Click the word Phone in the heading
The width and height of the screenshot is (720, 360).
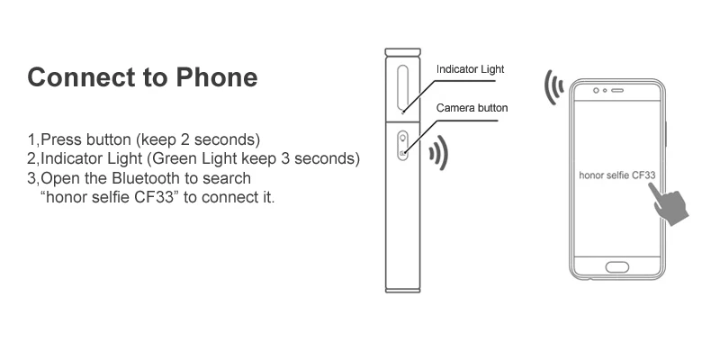[217, 76]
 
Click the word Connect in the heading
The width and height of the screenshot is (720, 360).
[81, 76]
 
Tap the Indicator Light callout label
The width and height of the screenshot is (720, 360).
[470, 69]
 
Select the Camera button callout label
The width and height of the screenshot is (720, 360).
[472, 108]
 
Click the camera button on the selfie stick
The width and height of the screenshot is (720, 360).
[402, 146]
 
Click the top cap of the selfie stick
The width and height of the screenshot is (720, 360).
[402, 52]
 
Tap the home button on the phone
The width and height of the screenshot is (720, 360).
[616, 266]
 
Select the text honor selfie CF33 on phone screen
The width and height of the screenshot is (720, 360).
[616, 175]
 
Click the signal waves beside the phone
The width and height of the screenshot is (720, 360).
[554, 86]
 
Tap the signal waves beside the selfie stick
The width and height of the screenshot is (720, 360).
[438, 152]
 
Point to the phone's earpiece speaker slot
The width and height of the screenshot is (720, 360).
[617, 91]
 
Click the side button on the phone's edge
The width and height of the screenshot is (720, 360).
[665, 134]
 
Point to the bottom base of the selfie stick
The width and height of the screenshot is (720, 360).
[402, 290]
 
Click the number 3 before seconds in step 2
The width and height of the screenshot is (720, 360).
[285, 158]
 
